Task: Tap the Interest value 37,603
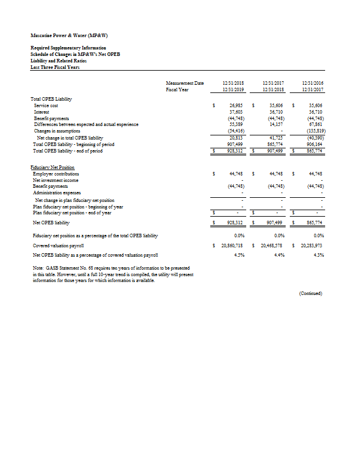point(236,111)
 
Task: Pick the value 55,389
point(236,124)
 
